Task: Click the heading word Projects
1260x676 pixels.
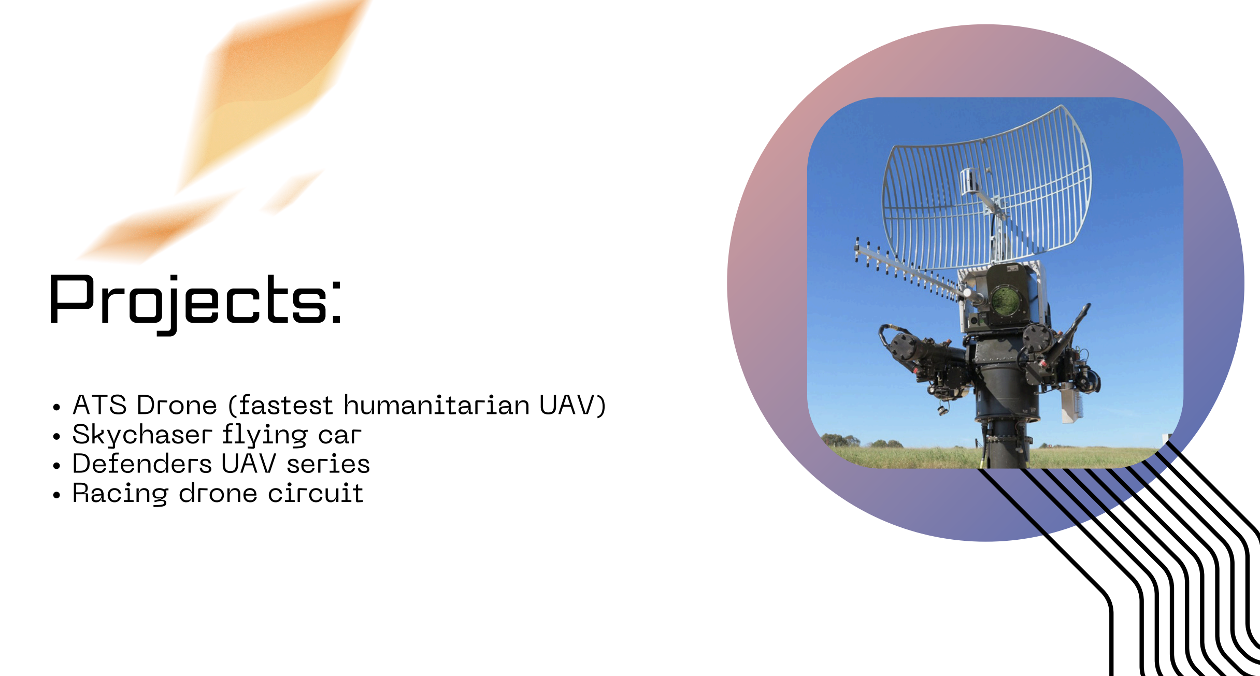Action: click(x=195, y=304)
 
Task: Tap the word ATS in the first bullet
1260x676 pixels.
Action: click(x=99, y=405)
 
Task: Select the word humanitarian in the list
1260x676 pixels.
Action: click(x=437, y=405)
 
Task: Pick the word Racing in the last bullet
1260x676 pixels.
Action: click(x=120, y=494)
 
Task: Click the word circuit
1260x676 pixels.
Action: click(x=316, y=493)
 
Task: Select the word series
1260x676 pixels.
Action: click(x=328, y=464)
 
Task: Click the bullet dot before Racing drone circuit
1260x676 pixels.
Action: click(x=57, y=495)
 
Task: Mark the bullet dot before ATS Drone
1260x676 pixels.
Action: click(x=57, y=407)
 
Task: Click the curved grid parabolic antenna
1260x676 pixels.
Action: click(x=987, y=189)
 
